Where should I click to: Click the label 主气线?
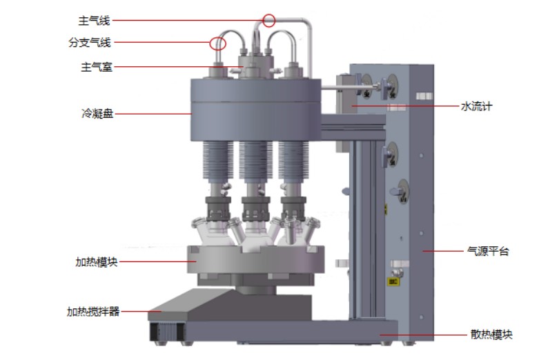94,21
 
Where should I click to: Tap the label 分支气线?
90,43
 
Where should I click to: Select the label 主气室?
97,67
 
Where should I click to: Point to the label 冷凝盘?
97,114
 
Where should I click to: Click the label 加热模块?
97,262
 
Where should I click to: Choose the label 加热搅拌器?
93,312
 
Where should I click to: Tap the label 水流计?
477,106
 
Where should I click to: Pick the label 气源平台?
488,251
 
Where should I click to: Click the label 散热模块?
491,334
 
